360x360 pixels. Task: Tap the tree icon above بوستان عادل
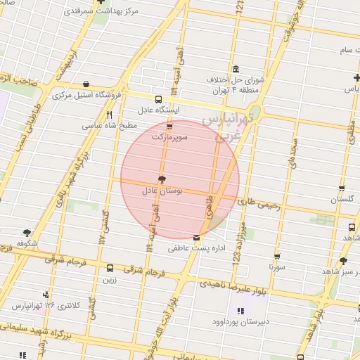coord(162,179)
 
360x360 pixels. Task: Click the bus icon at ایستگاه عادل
coord(157,99)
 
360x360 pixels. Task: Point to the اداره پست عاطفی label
coord(195,247)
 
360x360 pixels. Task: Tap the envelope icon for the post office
coord(195,237)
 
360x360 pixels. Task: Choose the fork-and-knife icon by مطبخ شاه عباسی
coord(109,115)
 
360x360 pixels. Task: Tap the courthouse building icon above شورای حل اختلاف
coord(234,69)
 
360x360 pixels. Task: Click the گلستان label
coord(342,200)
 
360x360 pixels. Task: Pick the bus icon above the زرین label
coord(110,268)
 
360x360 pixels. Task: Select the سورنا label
coord(277,267)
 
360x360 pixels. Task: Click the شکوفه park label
coord(27,243)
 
